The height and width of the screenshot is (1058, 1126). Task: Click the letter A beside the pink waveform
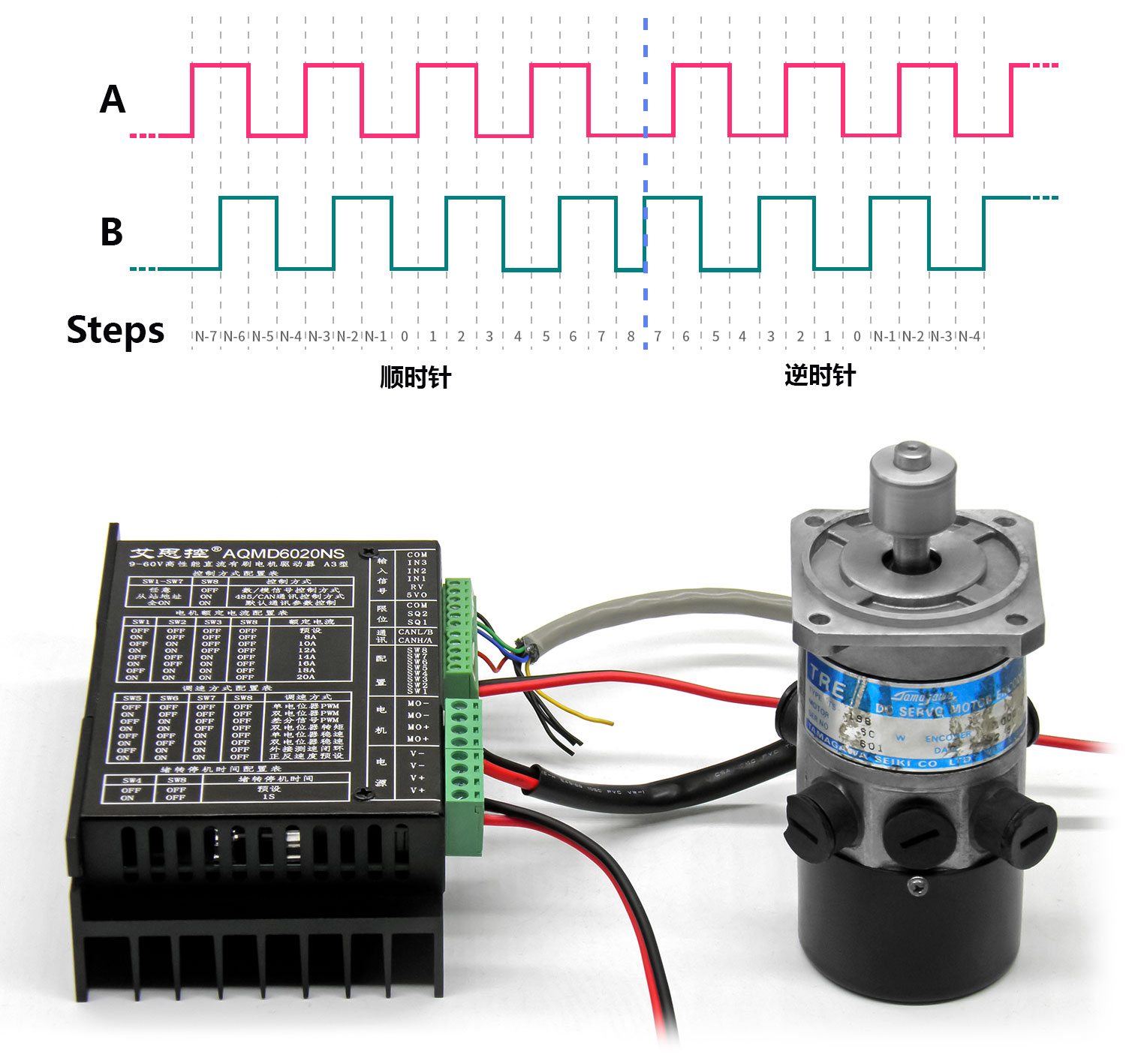pyautogui.click(x=113, y=100)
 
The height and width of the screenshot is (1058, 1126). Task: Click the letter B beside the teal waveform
pyautogui.click(x=112, y=232)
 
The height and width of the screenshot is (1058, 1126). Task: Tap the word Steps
pyautogui.click(x=116, y=330)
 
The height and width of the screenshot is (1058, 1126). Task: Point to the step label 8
pyautogui.click(x=631, y=336)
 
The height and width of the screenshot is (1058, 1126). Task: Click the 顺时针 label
pyautogui.click(x=415, y=377)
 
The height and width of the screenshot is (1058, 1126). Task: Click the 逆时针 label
pyautogui.click(x=820, y=375)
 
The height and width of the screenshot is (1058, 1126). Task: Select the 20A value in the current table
pyautogui.click(x=306, y=677)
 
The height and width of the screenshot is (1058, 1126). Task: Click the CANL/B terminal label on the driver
pyautogui.click(x=415, y=632)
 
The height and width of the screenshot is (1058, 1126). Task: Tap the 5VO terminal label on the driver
pyautogui.click(x=417, y=594)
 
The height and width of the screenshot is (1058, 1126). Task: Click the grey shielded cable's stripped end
pyautogui.click(x=529, y=644)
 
